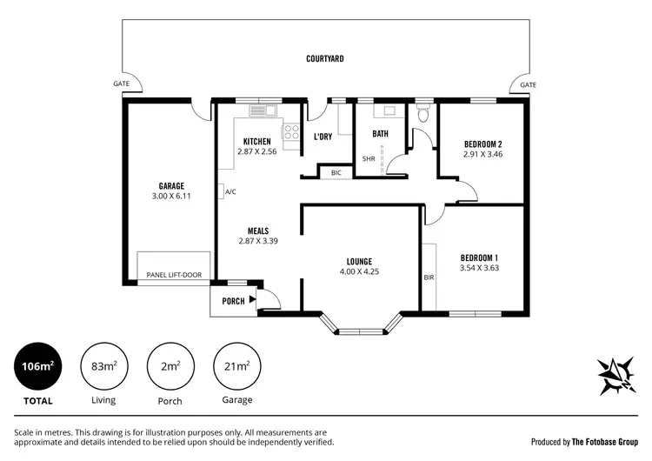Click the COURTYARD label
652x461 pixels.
point(325,59)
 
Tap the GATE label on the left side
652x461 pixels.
point(121,84)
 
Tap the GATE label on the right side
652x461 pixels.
point(528,84)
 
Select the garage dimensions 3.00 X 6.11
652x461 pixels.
point(170,197)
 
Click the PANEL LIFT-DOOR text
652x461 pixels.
point(174,275)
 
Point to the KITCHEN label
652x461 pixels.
point(256,141)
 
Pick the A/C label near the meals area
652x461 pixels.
point(230,191)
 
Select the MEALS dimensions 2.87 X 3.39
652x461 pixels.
point(256,241)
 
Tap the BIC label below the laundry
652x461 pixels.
point(336,173)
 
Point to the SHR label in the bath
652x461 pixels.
point(368,159)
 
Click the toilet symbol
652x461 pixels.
point(423,114)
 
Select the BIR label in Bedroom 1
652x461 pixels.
point(429,277)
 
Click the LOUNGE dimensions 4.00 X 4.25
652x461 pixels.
point(359,271)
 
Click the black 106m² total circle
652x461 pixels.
point(37,366)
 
